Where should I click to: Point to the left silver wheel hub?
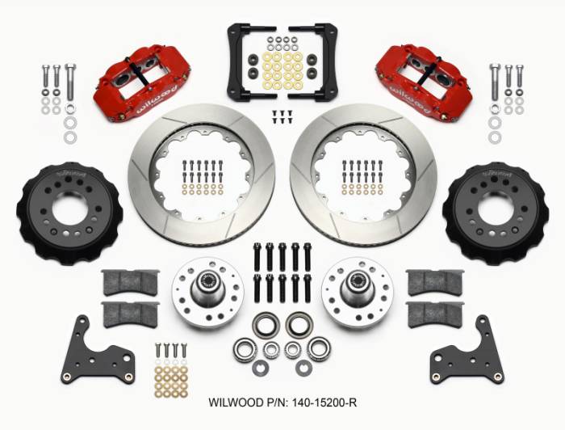[x=207, y=288]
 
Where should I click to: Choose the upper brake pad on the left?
[x=130, y=282]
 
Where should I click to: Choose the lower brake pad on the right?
[x=435, y=313]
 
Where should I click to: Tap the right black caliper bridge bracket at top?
[x=321, y=61]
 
